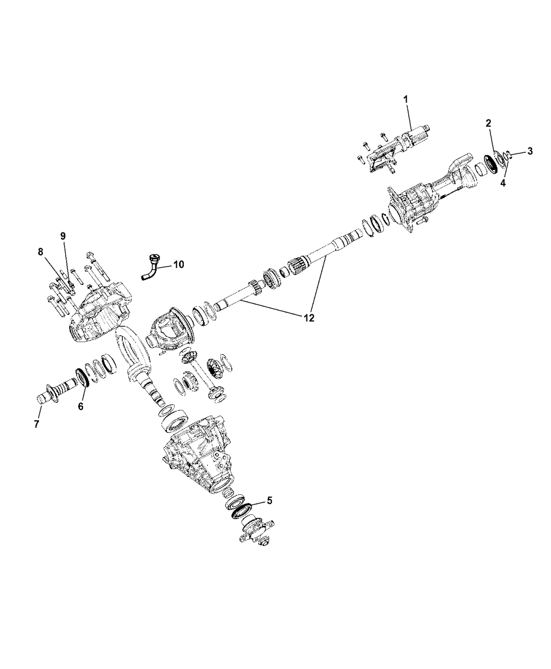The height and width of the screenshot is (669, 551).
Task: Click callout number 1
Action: pyautogui.click(x=405, y=98)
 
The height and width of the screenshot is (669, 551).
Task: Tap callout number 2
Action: pyautogui.click(x=489, y=123)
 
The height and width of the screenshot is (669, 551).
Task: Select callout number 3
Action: pyautogui.click(x=529, y=151)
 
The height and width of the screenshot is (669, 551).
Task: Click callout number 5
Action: pyautogui.click(x=269, y=501)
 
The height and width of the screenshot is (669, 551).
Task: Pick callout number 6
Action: pyautogui.click(x=81, y=406)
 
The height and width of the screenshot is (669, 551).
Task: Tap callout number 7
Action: pyautogui.click(x=36, y=424)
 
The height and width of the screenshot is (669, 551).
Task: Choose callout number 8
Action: pyautogui.click(x=40, y=252)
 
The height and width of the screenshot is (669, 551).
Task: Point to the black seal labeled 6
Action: pyautogui.click(x=82, y=377)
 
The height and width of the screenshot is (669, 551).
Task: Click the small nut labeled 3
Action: pyautogui.click(x=508, y=155)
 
